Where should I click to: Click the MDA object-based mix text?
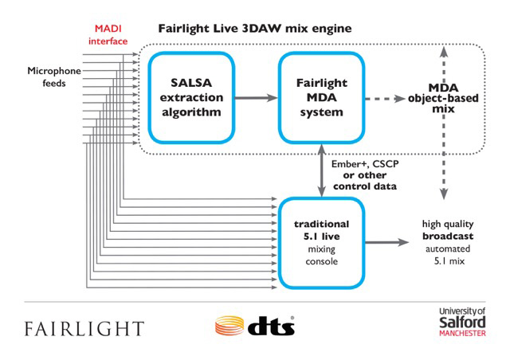pyautogui.click(x=441, y=98)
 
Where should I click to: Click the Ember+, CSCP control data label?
pyautogui.click(x=360, y=174)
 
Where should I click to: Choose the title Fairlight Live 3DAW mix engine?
pyautogui.click(x=255, y=29)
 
